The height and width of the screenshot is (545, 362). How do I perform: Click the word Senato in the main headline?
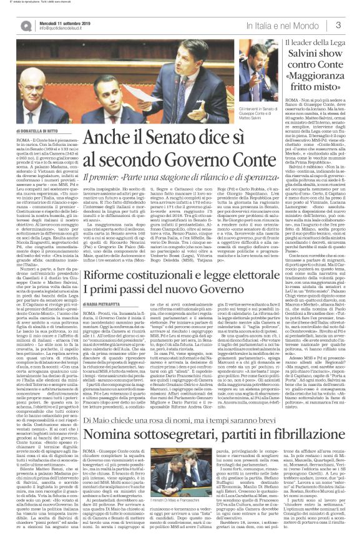(x=170, y=137)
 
